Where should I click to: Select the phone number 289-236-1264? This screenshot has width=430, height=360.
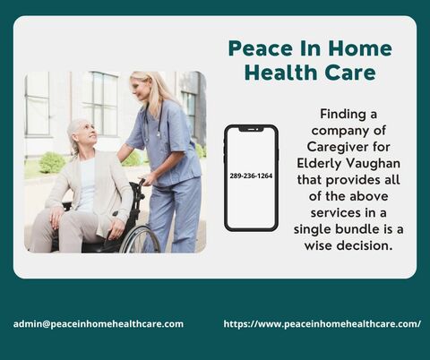(251, 176)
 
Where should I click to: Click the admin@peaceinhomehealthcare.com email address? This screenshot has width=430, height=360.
(99, 323)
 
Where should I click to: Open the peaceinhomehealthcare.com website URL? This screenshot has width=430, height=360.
(322, 323)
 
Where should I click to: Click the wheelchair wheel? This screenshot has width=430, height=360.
(140, 238)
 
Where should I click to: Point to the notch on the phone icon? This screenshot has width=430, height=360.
(251, 130)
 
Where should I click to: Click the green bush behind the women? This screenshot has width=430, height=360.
(52, 162)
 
